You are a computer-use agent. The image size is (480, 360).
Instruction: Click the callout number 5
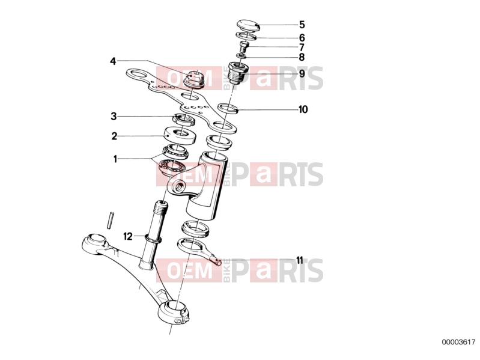pos(302,25)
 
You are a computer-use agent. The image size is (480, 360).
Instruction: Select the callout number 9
pos(302,74)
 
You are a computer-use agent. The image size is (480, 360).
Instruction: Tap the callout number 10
pos(303,109)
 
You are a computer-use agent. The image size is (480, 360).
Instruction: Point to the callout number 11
pos(300,260)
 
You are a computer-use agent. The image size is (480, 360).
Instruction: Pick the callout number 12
pos(128,236)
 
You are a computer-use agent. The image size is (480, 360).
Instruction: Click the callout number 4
pos(114,61)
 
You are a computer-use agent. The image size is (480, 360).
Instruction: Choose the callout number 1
pos(115,159)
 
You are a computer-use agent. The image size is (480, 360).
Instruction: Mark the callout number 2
pos(114,136)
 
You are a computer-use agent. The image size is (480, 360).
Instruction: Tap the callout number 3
pos(114,117)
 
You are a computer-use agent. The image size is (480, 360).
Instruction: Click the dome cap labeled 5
pos(248,25)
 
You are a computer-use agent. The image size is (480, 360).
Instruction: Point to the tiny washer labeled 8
pos(242,56)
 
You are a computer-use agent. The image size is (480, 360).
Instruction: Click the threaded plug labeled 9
pos(238,72)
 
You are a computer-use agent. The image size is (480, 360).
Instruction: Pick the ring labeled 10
pos(228,108)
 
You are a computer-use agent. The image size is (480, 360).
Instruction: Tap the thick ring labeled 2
pos(180,136)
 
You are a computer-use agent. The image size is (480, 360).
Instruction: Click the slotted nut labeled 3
pos(184,119)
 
